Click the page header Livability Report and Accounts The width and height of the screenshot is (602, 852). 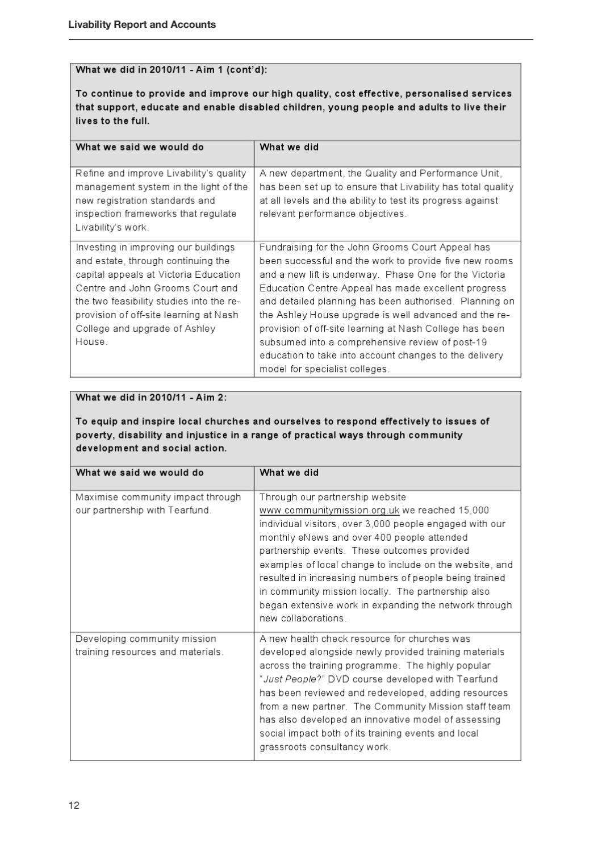(142, 24)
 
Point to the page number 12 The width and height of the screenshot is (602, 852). (74, 805)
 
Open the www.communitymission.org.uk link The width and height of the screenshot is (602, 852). (329, 510)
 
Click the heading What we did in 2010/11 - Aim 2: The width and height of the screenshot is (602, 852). (151, 398)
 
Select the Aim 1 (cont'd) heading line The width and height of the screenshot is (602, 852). (171, 70)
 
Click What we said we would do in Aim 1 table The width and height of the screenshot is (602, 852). (140, 147)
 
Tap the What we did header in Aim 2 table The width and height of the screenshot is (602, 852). (289, 473)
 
